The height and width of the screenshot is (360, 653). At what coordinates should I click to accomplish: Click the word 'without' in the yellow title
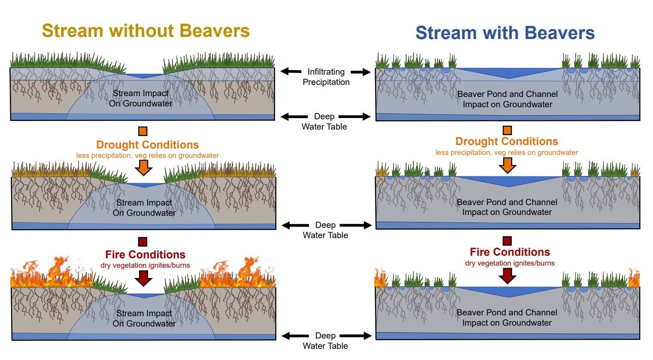141,31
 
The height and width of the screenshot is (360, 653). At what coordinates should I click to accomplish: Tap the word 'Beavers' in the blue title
559,33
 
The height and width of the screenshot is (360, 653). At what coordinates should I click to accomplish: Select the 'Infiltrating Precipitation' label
326,77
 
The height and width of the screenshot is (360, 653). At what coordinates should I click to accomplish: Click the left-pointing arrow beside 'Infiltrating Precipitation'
291,71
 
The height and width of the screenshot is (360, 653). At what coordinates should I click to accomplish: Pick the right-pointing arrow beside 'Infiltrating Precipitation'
361,72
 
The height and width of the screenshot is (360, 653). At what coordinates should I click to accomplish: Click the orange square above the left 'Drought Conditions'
143,131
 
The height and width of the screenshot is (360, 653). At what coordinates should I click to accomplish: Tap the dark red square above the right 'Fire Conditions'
507,241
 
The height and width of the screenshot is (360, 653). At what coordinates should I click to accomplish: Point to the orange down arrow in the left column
143,168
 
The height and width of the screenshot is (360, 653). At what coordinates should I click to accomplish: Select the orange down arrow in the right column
507,166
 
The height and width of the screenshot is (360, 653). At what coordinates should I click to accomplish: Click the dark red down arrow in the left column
143,278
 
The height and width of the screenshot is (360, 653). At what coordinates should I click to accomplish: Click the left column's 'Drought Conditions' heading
148,145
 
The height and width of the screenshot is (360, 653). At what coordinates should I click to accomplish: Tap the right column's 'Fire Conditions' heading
510,252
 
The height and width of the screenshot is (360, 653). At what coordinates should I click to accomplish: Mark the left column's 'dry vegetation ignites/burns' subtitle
145,265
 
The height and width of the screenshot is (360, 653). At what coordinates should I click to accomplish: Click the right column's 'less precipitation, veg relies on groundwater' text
507,153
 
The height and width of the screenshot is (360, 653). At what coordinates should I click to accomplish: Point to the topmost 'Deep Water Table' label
324,121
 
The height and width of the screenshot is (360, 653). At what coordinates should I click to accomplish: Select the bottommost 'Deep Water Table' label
325,341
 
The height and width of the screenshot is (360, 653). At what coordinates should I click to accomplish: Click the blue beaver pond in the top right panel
509,73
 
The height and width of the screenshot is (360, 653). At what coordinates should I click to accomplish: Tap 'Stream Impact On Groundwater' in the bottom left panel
144,318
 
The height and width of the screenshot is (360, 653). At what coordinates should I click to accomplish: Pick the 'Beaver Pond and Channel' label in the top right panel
507,94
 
